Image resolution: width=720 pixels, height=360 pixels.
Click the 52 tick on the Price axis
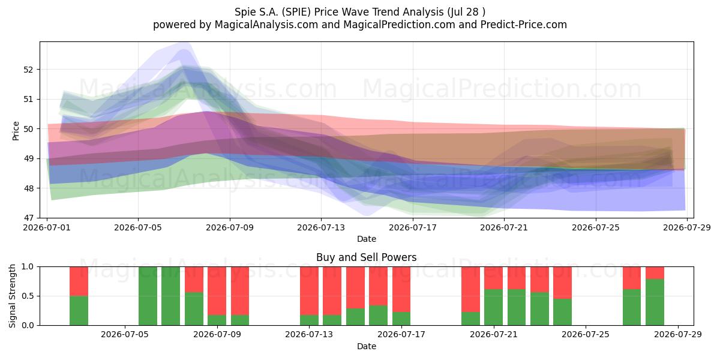pos(28,70)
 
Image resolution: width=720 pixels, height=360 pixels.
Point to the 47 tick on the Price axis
pos(28,218)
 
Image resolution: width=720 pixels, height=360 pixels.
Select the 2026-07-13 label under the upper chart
pos(321,227)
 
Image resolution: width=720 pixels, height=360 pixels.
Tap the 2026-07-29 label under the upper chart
pos(687,227)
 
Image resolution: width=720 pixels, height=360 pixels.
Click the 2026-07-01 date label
pos(47,227)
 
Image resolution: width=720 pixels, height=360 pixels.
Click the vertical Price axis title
pos(16,131)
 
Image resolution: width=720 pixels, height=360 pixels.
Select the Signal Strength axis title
pos(12,296)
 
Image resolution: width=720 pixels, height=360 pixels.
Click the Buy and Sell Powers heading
pos(367,257)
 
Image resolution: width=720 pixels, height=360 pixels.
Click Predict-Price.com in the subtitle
pos(524,25)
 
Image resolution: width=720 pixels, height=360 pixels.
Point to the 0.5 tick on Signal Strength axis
pos(28,296)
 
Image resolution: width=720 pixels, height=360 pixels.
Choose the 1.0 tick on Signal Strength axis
pos(28,266)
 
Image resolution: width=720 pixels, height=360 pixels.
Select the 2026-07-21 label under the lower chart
pos(494,335)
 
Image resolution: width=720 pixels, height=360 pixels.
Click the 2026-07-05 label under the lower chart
pos(125,335)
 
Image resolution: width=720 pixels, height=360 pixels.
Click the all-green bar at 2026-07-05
pos(148,296)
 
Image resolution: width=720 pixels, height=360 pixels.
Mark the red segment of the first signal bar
pos(79,281)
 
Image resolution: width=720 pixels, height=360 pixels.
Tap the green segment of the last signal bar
pos(655,302)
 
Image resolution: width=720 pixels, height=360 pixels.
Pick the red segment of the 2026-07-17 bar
pos(401,289)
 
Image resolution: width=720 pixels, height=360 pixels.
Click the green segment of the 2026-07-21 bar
pos(493,307)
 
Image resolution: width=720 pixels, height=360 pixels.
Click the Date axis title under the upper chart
pos(367,239)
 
